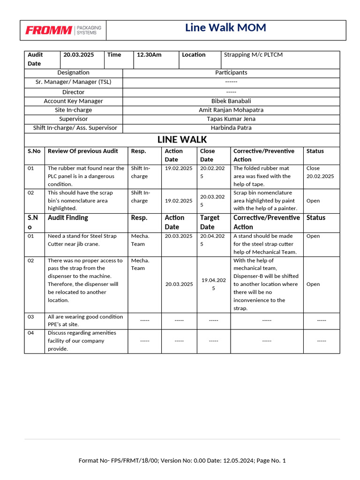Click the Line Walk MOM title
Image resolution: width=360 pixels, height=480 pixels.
coord(225,28)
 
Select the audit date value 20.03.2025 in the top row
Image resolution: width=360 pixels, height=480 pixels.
coord(79,55)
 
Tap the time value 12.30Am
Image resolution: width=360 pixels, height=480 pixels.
coord(149,55)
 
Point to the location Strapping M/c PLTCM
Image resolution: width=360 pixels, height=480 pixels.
coord(253,55)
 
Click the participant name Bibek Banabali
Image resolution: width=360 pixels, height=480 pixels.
coord(231,101)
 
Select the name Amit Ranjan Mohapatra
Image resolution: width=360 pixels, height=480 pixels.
coord(231,110)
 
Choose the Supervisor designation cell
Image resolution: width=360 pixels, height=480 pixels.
coord(73,119)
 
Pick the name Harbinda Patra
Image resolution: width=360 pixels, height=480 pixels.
coord(231,128)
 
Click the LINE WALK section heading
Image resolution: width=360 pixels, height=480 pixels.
coord(182,140)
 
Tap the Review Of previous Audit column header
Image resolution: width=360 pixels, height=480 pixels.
coord(83,151)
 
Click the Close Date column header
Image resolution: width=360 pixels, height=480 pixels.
coord(207,155)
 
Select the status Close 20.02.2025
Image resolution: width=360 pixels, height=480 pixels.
coord(320,172)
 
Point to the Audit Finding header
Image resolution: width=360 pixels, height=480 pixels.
coord(68,218)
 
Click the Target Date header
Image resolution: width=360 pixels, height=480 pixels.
coord(210,222)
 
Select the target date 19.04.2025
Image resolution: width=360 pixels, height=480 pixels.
coord(214,284)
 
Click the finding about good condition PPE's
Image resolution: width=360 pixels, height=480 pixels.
coord(85,321)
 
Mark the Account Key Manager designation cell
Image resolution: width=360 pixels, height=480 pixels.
coord(73,101)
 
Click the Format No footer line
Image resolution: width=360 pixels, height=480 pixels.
coord(182,461)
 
